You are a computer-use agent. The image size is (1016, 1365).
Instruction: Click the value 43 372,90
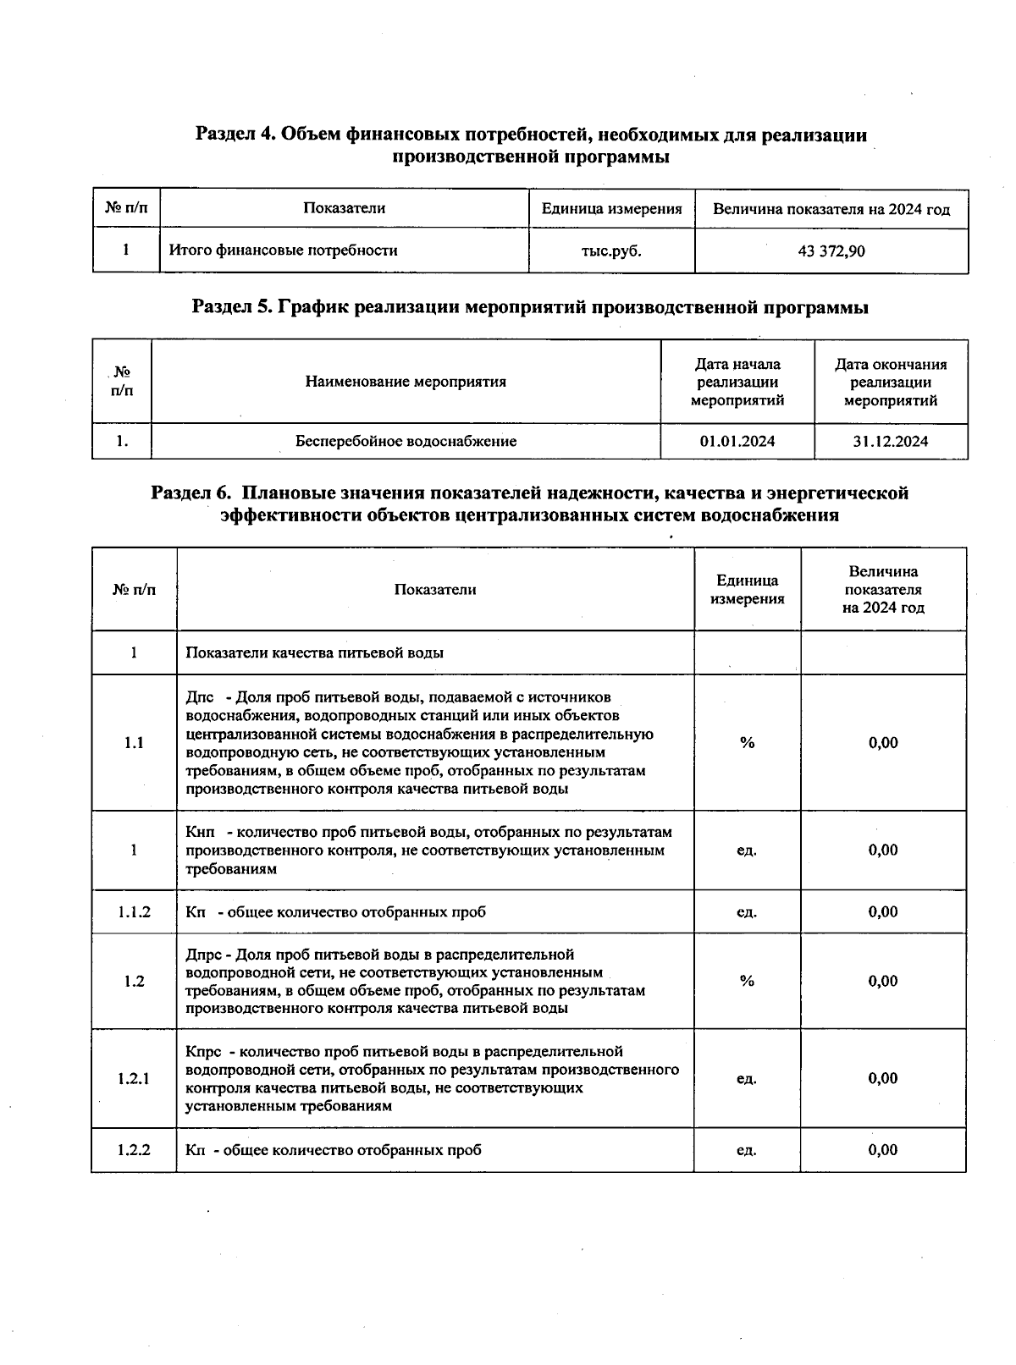pos(831,251)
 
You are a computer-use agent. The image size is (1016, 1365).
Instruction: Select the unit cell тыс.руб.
pos(611,251)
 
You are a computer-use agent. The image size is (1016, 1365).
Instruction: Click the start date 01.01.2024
pos(737,441)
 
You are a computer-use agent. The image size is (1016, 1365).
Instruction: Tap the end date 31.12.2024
pos(891,441)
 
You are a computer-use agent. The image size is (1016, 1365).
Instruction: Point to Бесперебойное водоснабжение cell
pos(406,441)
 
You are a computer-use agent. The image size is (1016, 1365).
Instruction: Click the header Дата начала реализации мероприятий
pos(737,382)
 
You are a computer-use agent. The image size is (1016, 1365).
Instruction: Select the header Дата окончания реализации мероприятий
pos(891,382)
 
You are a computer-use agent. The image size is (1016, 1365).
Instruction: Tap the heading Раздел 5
pos(530,307)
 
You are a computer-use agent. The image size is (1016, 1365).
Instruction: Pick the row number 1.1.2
pos(134,911)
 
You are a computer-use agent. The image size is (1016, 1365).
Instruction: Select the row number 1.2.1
pos(134,1078)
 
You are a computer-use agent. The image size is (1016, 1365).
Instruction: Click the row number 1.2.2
pos(134,1150)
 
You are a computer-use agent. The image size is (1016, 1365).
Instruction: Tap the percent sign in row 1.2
pos(747,981)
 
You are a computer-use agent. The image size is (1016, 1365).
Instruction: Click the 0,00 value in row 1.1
pos(882,742)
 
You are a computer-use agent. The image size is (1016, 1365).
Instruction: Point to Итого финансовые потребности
pos(283,250)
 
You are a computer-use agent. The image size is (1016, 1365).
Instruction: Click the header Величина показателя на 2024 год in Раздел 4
pos(831,209)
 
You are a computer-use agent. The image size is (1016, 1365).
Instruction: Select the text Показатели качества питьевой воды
pos(314,652)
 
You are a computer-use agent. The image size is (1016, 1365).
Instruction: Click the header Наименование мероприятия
pos(406,382)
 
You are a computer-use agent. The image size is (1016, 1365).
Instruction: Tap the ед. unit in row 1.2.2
pos(747,1150)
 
